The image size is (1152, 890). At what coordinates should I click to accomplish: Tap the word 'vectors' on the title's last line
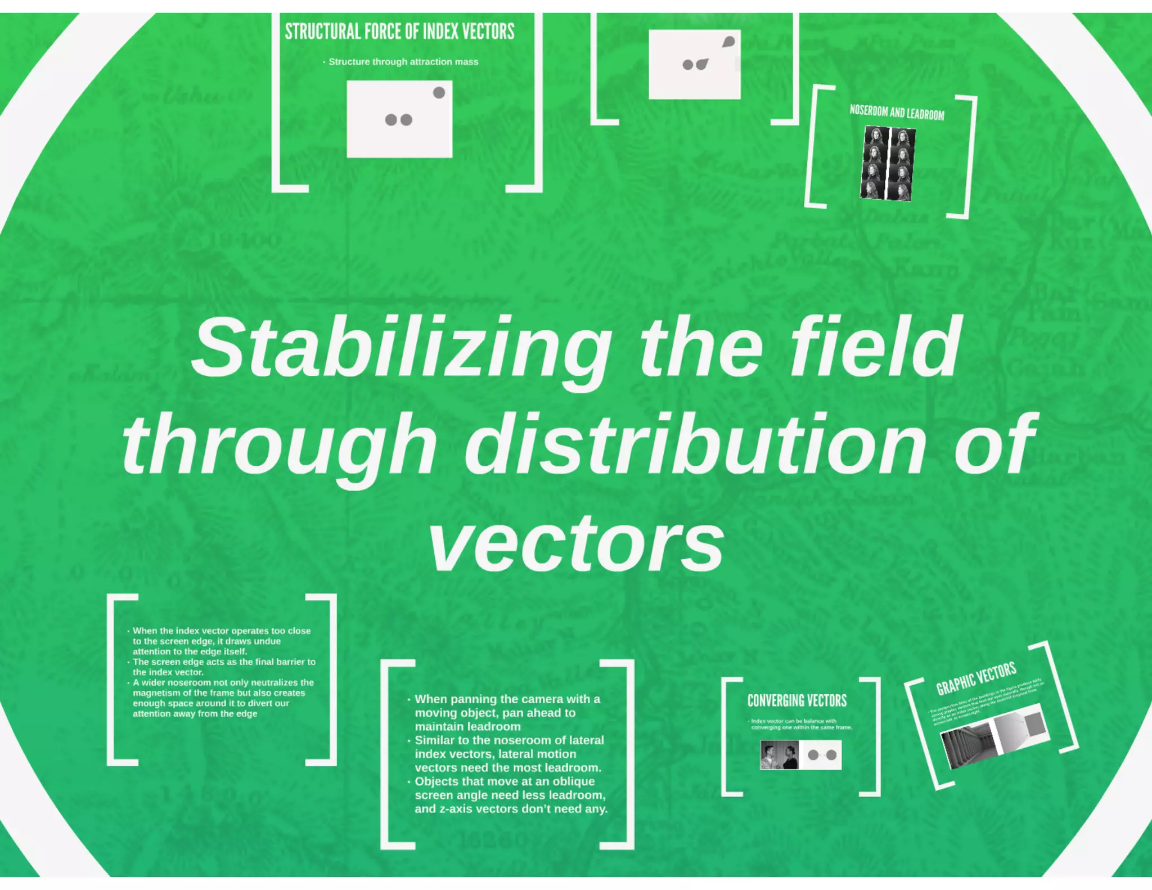[x=576, y=543]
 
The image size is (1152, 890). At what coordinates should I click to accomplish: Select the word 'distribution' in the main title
[x=695, y=444]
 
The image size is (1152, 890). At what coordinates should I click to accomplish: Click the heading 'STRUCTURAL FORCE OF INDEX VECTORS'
[x=399, y=32]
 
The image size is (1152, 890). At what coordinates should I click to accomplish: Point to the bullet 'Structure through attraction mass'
[x=403, y=62]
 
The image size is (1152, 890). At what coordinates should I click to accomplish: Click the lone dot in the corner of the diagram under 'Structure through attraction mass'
[x=439, y=93]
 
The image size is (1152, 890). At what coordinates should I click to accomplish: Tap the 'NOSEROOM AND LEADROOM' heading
[x=897, y=113]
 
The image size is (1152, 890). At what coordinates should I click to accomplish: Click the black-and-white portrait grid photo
[x=887, y=164]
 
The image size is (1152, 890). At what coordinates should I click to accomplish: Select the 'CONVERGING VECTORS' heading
[x=796, y=700]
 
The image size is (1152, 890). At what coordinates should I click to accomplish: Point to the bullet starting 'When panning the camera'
[x=506, y=713]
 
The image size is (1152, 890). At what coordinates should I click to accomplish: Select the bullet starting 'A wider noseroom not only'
[x=223, y=698]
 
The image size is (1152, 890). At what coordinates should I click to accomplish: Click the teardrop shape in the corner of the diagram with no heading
[x=728, y=42]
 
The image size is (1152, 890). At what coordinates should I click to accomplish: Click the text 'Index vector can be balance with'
[x=794, y=721]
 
